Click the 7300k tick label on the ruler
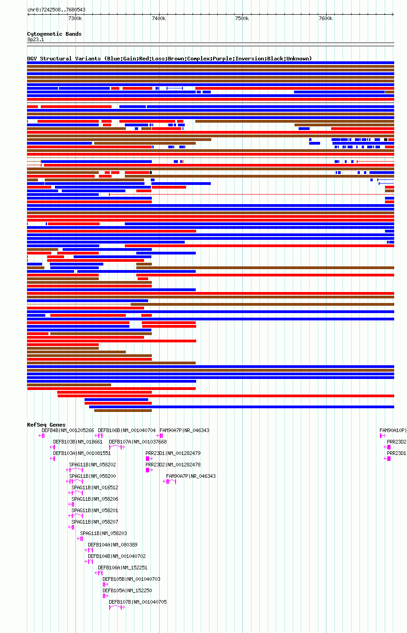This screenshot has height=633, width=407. coord(75,18)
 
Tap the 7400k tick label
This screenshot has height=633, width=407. coord(158,18)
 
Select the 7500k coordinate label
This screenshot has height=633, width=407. coord(241,18)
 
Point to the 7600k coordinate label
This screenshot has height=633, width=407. coord(325,18)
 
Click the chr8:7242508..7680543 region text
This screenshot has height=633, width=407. coord(56,10)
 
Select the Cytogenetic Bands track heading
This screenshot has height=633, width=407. coord(54,34)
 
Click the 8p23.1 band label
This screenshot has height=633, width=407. coord(36,40)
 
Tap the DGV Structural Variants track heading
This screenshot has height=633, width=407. coord(169,59)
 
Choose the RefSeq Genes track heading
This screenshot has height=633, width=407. coord(46,425)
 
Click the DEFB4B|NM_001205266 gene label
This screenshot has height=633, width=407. coord(68,430)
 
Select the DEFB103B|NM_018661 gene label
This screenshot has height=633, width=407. coord(78,442)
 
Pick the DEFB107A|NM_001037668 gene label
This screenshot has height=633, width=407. coord(138,442)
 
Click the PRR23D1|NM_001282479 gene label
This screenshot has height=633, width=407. coord(173,453)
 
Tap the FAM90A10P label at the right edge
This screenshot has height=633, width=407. coord(393,430)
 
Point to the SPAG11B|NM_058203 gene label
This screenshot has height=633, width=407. coord(103,533)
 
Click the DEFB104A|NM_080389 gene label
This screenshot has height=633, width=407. coord(112,545)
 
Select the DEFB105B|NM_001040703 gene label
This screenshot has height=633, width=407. coord(131,579)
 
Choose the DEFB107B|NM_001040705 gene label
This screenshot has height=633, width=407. coord(138,602)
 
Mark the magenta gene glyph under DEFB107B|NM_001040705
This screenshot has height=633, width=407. coord(117,607)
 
